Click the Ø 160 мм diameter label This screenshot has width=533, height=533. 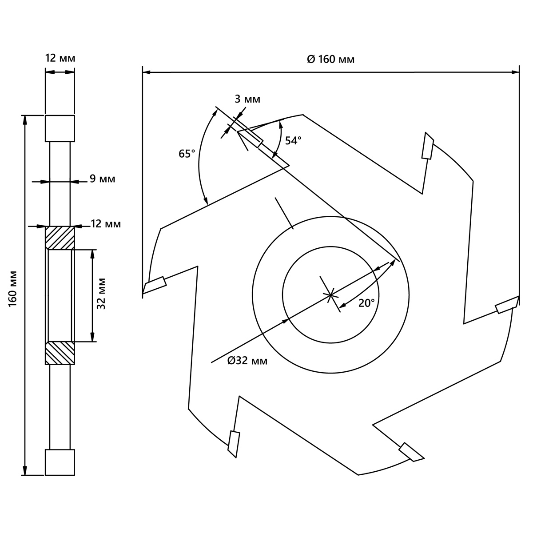click(331, 60)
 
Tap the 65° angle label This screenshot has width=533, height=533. click(187, 154)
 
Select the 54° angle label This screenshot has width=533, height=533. click(293, 141)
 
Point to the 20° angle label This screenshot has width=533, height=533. click(367, 303)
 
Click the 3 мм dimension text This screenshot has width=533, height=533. click(247, 99)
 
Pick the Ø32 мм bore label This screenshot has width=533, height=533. click(247, 361)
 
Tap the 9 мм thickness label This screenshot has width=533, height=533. click(102, 179)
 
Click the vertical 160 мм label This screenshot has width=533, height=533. click(13, 289)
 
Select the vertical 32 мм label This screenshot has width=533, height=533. click(102, 294)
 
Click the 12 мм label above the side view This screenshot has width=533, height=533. click(60, 58)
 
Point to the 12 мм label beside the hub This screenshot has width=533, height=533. click(106, 224)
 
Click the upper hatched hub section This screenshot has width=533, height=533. click(60, 238)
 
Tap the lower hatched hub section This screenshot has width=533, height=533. click(60, 353)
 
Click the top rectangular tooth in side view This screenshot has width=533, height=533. click(60, 128)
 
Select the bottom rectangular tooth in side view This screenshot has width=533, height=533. click(60, 462)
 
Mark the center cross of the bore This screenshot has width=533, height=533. click(331, 295)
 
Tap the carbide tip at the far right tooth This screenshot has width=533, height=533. click(507, 305)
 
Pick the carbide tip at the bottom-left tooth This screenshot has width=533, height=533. click(234, 444)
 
